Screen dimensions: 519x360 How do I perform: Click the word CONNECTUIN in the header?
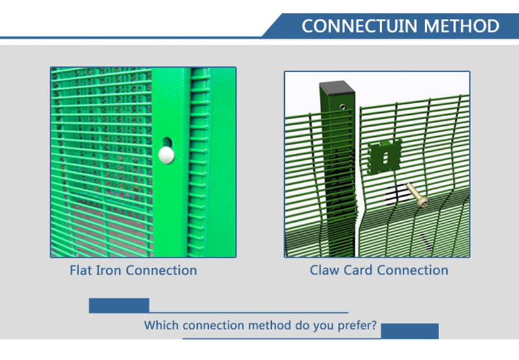tap(359, 26)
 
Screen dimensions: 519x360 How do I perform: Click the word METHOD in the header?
tap(461, 26)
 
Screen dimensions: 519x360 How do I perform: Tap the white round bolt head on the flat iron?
tap(166, 155)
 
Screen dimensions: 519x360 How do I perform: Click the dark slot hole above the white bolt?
tap(167, 142)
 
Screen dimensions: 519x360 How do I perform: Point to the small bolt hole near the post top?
tap(343, 106)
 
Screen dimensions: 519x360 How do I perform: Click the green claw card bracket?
tap(385, 157)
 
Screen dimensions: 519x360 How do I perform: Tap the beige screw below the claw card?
tap(417, 196)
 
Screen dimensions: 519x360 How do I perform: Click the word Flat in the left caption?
tap(80, 270)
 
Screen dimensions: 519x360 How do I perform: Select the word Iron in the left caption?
tap(108, 270)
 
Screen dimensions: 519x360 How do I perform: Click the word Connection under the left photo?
tap(162, 270)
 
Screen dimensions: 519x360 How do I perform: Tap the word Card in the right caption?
tap(358, 270)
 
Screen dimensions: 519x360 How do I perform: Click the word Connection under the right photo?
tap(413, 270)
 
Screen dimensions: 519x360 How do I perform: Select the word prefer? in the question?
tap(357, 326)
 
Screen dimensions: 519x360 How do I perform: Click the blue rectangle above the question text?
tap(119, 306)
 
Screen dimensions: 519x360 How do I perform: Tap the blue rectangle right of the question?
tap(410, 331)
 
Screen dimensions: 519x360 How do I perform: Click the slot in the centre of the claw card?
tap(385, 158)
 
